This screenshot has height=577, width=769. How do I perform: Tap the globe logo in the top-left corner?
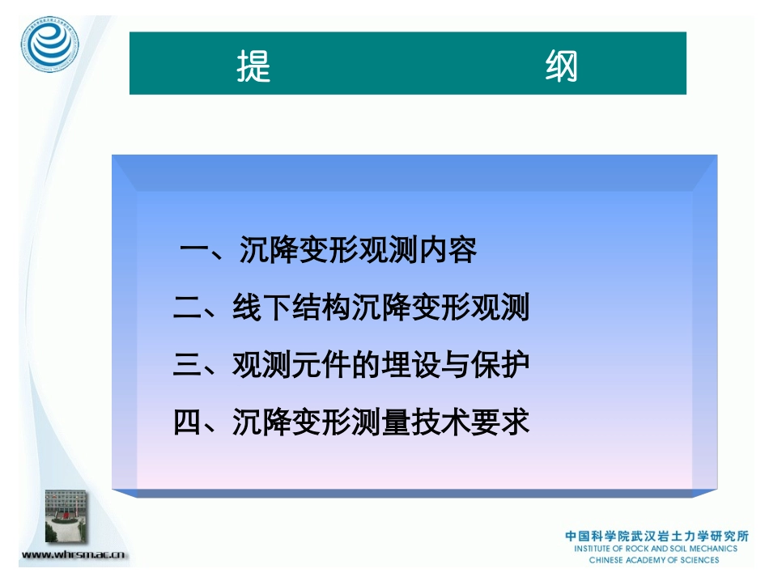coord(51,45)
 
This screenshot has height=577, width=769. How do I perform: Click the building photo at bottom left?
coord(68,516)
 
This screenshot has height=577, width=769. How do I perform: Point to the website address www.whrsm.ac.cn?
coord(74,555)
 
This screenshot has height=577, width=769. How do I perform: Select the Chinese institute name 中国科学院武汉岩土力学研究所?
coord(656,536)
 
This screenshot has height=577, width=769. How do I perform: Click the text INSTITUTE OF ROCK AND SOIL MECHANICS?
coord(656,549)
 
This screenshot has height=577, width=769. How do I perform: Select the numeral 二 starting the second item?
coord(188,308)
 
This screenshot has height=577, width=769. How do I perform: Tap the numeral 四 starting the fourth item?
coord(188,422)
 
